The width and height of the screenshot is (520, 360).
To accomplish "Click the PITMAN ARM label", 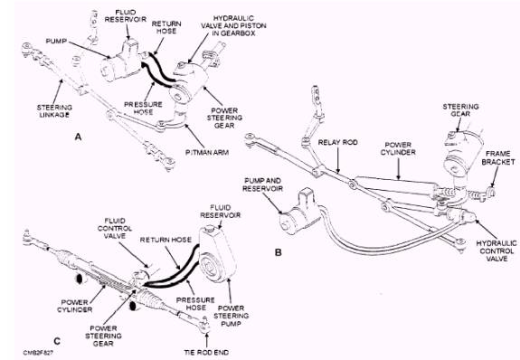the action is coord(207,153).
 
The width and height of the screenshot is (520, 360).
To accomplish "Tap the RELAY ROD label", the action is coord(338,142).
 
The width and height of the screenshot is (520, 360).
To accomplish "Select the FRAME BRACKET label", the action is coord(498,158).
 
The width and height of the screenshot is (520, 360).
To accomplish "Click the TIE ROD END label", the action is coord(206,352).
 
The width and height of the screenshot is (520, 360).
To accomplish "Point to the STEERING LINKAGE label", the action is coord(54,111).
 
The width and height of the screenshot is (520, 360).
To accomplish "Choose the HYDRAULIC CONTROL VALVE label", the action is coord(496,251).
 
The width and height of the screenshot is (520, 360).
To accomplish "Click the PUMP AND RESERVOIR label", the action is coord(262,185).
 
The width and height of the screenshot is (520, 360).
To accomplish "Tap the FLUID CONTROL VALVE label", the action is coord(115,228).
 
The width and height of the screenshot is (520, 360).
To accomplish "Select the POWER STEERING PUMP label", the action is coord(232,316).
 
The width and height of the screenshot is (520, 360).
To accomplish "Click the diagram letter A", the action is coord(78,137).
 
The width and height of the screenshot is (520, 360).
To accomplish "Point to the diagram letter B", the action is coord(279,252).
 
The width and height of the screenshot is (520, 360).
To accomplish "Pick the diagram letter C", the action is coord(57,341).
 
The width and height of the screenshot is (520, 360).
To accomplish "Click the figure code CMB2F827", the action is coord(39,353).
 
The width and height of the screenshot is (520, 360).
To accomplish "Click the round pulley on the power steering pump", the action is coord(210,268).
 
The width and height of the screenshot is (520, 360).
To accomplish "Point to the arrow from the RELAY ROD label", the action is coord(338,160).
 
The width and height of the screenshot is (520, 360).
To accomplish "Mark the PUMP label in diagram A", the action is coord(56,41).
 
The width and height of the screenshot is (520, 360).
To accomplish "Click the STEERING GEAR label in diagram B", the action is coord(460,109).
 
